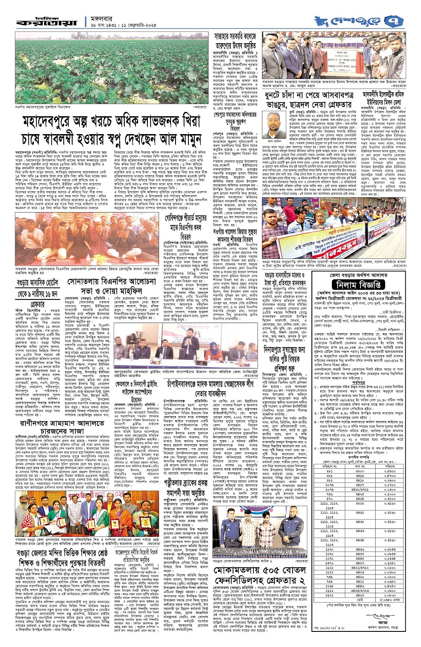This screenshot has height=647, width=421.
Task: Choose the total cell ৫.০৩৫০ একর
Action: pyautogui.click(x=390, y=601)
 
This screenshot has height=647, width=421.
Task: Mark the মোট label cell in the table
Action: pyautogui.click(x=360, y=601)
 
